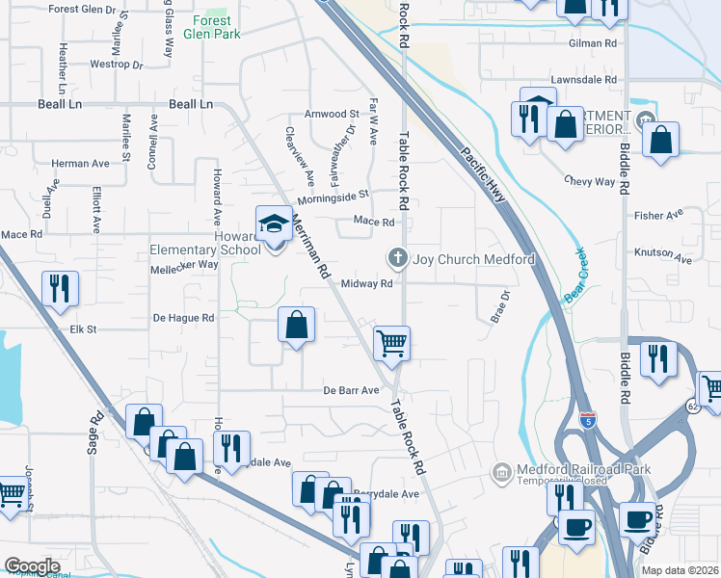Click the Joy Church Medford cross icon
(x=396, y=258)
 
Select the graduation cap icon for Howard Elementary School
(x=274, y=224)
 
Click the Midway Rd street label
(x=366, y=284)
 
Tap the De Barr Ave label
(x=351, y=391)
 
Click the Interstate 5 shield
(x=589, y=420)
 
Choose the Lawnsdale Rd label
(x=582, y=80)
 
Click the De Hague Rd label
(x=183, y=318)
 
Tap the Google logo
(x=33, y=565)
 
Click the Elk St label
(x=84, y=329)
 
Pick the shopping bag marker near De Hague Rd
(x=296, y=326)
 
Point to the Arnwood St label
(x=332, y=115)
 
